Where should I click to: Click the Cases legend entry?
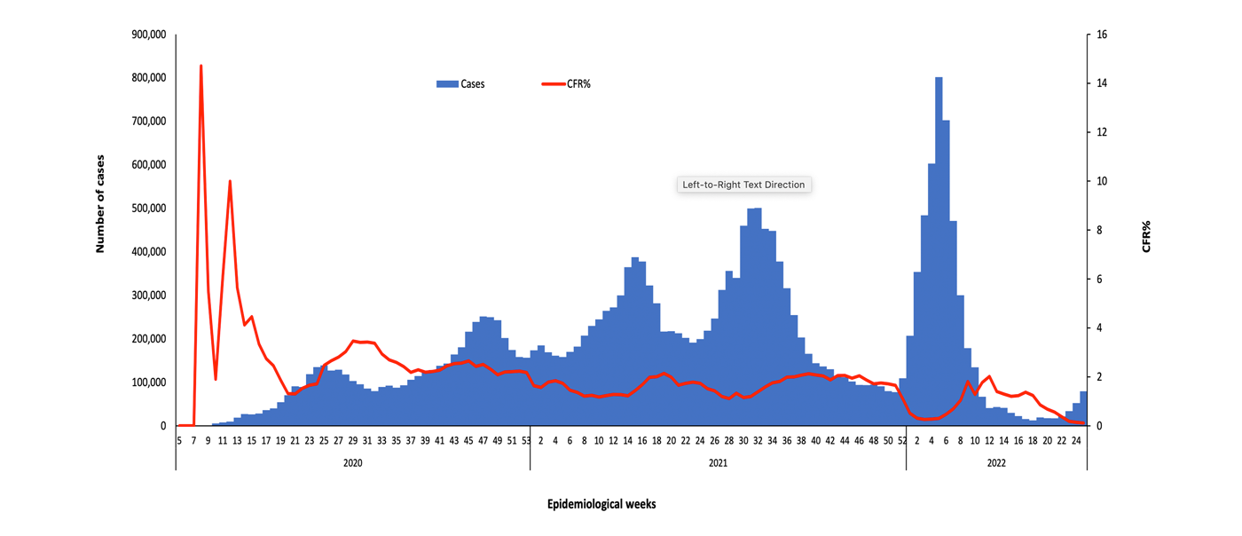point(460,84)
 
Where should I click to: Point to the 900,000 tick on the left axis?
point(148,35)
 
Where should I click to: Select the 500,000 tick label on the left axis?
point(148,209)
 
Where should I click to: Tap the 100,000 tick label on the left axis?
point(148,382)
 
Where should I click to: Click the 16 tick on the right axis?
point(1102,35)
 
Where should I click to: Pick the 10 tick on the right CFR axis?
point(1102,181)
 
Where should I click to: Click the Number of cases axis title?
point(100,204)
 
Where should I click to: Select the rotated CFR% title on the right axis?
point(1146,237)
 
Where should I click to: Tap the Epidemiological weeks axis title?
point(601,504)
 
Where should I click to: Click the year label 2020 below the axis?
point(352,463)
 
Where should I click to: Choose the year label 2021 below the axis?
point(718,463)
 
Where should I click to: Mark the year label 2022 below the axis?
point(995,463)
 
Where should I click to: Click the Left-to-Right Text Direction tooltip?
point(743,185)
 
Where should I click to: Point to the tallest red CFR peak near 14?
point(201,66)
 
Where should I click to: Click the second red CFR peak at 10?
point(231,181)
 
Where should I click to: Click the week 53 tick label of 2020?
point(526,440)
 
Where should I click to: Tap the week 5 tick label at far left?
point(179,440)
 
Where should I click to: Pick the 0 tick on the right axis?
point(1099,426)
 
